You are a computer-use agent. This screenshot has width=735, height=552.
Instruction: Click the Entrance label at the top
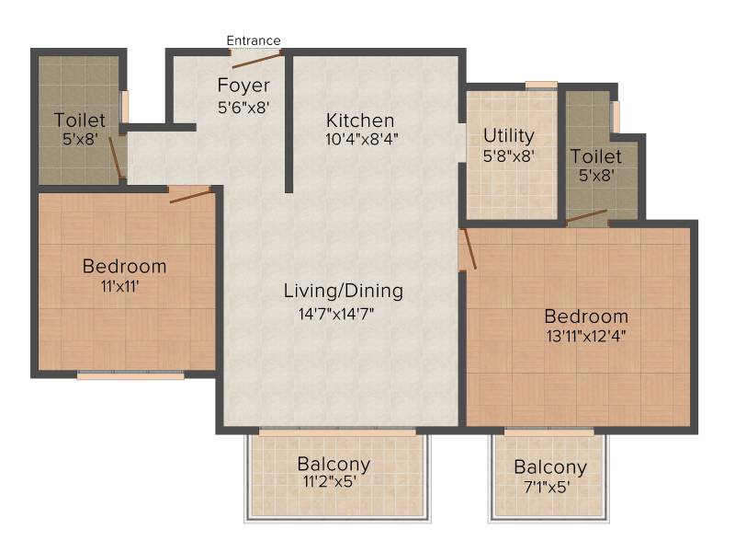(254, 40)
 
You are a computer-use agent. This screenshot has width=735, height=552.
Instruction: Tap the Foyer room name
(243, 86)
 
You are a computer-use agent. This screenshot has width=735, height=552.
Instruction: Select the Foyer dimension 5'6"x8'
(243, 108)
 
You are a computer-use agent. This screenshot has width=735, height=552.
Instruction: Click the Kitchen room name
(360, 121)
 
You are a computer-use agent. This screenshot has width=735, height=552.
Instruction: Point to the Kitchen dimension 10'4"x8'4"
(362, 139)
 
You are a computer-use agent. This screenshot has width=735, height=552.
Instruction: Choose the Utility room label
(509, 135)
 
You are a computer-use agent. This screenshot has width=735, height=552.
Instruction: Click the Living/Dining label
(343, 291)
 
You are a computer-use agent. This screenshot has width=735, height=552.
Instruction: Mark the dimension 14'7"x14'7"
(336, 314)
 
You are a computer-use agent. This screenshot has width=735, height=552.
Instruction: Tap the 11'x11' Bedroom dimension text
(120, 286)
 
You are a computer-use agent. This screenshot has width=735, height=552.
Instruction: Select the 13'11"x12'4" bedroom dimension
(586, 336)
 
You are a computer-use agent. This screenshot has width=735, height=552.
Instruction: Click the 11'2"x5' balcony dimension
(330, 481)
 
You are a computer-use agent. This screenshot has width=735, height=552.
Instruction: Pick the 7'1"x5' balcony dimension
(547, 488)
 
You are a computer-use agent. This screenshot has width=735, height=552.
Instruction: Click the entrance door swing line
(256, 61)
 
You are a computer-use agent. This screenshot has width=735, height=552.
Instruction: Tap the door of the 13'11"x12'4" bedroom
(469, 248)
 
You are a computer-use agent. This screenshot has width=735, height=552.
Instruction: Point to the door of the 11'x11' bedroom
(190, 196)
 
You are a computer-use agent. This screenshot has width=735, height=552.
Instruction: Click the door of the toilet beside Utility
(586, 216)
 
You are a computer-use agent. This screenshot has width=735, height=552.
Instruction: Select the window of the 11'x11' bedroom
(130, 374)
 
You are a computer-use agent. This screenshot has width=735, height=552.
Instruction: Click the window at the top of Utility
(541, 85)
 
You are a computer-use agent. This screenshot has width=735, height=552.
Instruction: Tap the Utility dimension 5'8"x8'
(509, 155)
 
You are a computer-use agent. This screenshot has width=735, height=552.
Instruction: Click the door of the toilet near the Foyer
(116, 158)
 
